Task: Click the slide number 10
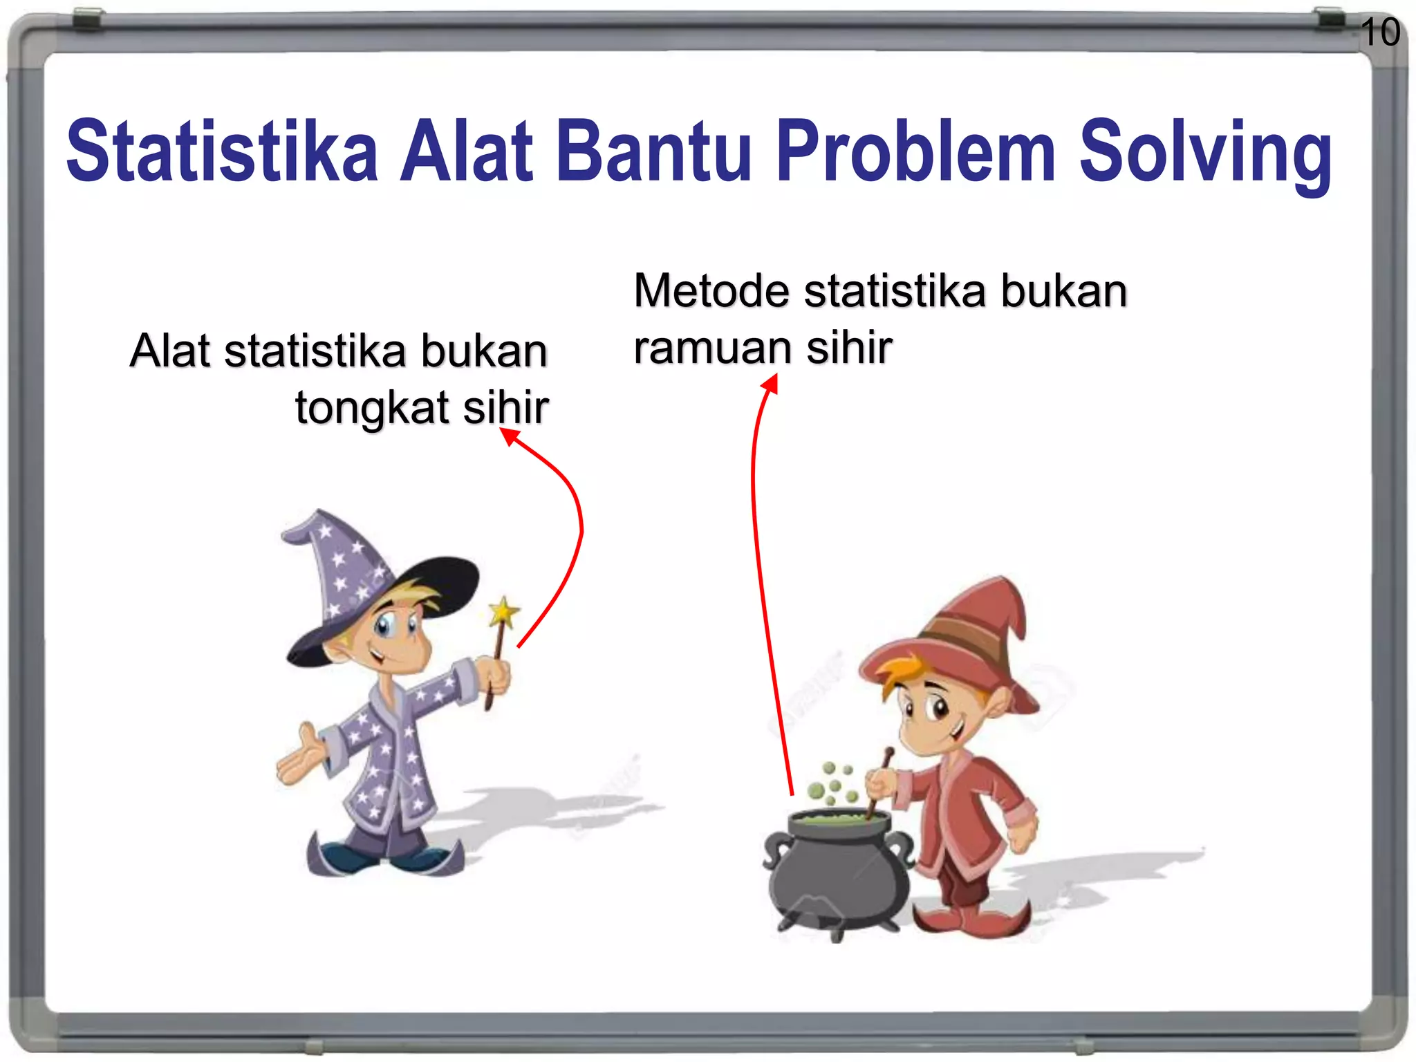(x=1380, y=32)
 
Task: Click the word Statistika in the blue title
(x=222, y=151)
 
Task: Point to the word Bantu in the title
(x=653, y=151)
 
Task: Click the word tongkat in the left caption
(x=372, y=408)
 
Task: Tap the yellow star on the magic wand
(x=503, y=612)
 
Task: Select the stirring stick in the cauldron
(x=878, y=781)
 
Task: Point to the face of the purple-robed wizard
(x=394, y=636)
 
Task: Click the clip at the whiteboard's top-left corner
(x=88, y=19)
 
